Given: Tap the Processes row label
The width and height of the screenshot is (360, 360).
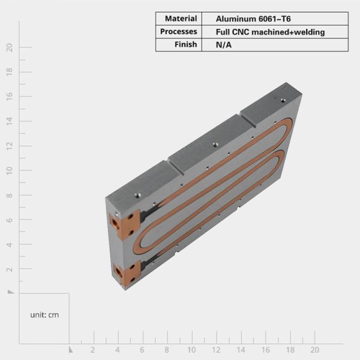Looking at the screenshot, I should (x=179, y=32).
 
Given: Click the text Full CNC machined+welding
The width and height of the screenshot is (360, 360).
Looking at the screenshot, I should (x=270, y=32).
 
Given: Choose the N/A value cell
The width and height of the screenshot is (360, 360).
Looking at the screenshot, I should (x=223, y=44).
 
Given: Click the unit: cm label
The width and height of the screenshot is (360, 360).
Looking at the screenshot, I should (x=44, y=314).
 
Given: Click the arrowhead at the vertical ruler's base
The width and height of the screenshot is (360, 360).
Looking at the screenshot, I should (x=11, y=292).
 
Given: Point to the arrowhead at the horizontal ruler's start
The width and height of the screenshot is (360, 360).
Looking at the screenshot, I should (x=71, y=349).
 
